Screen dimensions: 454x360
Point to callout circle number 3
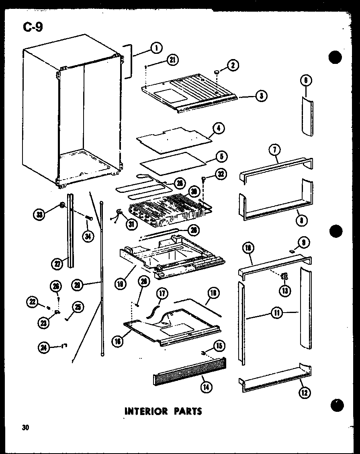coord(261,96)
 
